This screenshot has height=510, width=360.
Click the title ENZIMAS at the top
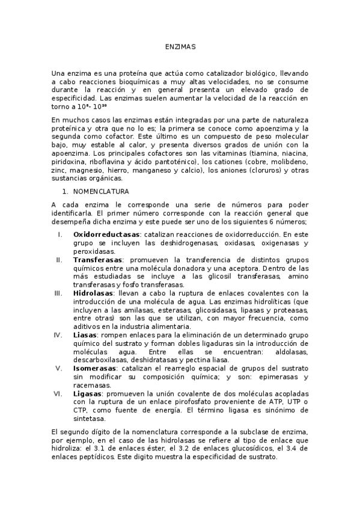(180, 46)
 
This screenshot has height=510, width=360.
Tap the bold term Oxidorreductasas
(106, 234)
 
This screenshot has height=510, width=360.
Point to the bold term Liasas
(86, 334)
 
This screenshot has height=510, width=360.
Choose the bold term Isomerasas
(97, 367)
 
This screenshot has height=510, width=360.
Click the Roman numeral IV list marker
(58, 334)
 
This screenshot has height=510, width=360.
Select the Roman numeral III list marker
(58, 293)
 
